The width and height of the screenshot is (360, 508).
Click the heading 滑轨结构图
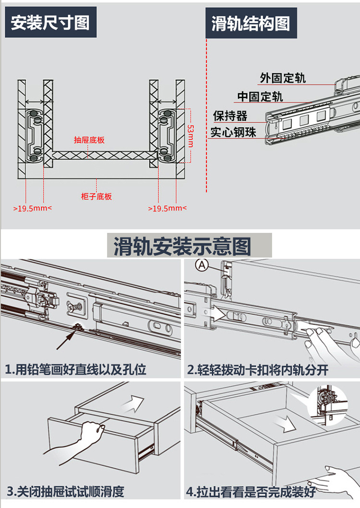pos(251,23)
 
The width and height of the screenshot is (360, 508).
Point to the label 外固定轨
pos(283,78)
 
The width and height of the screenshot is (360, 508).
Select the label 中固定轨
pos(260,97)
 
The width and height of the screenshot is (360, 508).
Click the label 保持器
pos(230,116)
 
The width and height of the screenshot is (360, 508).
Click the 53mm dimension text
pos(190,136)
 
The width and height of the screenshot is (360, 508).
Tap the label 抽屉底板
pos(89,140)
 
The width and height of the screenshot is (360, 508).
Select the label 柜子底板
pos(96,196)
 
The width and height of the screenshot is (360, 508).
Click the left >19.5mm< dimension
pos(32,209)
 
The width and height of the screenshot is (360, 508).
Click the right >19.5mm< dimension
pos(167,209)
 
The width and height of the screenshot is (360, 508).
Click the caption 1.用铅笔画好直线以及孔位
pos(75,369)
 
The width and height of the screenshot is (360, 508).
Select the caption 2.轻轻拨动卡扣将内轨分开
pos(259,370)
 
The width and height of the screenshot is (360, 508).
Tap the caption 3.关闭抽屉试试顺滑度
pos(65,491)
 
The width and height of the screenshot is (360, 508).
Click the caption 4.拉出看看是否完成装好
pos(251,492)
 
